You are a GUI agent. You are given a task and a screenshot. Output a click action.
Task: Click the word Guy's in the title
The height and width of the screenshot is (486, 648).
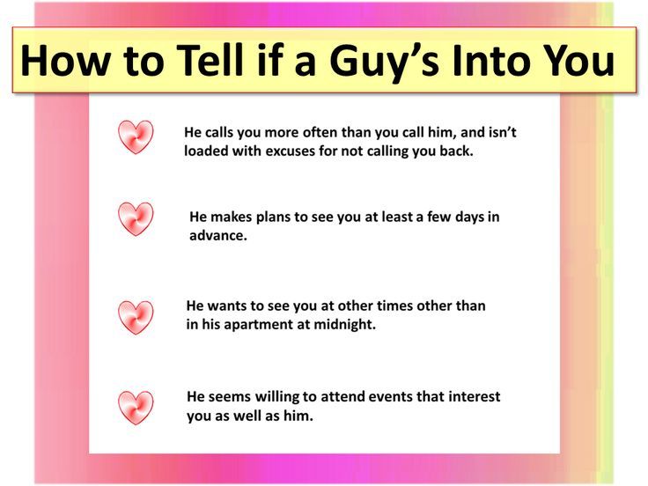pyautogui.click(x=384, y=61)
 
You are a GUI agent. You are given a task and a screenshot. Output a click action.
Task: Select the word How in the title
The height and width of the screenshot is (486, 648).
pyautogui.click(x=65, y=61)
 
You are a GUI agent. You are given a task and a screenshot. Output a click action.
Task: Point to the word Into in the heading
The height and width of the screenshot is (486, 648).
pyautogui.click(x=491, y=61)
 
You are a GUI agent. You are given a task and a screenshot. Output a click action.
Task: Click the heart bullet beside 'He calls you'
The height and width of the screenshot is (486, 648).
pyautogui.click(x=136, y=136)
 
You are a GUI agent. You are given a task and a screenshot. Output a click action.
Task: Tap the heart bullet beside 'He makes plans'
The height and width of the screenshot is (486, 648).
pyautogui.click(x=136, y=218)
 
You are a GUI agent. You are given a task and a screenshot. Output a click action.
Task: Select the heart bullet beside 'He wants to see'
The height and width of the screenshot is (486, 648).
pyautogui.click(x=136, y=317)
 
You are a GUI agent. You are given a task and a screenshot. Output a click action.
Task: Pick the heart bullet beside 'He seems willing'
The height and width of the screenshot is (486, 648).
pyautogui.click(x=136, y=408)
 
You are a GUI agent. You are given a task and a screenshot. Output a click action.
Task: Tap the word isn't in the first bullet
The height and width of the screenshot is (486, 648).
pyautogui.click(x=503, y=132)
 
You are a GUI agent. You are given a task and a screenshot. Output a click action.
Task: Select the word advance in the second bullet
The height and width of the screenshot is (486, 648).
pyautogui.click(x=217, y=236)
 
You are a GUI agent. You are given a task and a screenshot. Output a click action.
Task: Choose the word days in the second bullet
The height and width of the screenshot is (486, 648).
pyautogui.click(x=470, y=217)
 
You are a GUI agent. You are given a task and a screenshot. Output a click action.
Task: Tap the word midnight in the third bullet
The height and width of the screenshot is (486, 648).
pyautogui.click(x=344, y=324)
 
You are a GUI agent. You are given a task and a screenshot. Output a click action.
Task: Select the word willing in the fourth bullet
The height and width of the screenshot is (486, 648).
pyautogui.click(x=276, y=397)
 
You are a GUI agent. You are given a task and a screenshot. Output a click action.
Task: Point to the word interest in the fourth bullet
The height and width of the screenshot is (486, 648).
pyautogui.click(x=474, y=397)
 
